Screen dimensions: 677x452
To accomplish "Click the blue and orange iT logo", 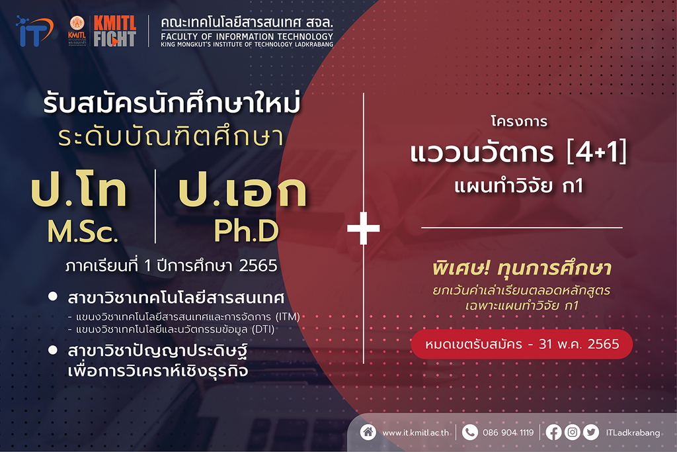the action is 34,31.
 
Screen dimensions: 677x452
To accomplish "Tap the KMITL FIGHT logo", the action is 115,31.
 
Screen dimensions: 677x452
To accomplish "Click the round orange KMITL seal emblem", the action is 77,23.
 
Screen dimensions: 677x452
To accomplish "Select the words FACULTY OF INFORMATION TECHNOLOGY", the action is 247,37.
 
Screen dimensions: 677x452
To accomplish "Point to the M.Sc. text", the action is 83,232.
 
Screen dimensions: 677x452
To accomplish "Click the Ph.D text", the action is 247,230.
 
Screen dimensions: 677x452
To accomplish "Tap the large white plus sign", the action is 364,228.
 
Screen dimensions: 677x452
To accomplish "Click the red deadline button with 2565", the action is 522,344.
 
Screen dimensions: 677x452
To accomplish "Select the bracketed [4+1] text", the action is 597,152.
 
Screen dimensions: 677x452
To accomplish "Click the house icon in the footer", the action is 368,431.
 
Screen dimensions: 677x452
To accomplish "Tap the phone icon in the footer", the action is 470,432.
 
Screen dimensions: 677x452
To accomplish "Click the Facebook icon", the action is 553,432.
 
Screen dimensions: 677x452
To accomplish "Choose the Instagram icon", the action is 573,432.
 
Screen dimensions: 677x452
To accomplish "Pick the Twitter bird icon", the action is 591,432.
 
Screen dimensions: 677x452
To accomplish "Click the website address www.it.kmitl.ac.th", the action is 415,433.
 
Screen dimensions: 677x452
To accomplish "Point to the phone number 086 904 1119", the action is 508,433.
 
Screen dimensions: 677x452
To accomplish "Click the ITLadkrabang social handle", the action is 633,433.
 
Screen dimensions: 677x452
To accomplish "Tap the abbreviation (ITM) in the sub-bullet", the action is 288,317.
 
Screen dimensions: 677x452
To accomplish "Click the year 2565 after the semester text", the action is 259,266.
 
